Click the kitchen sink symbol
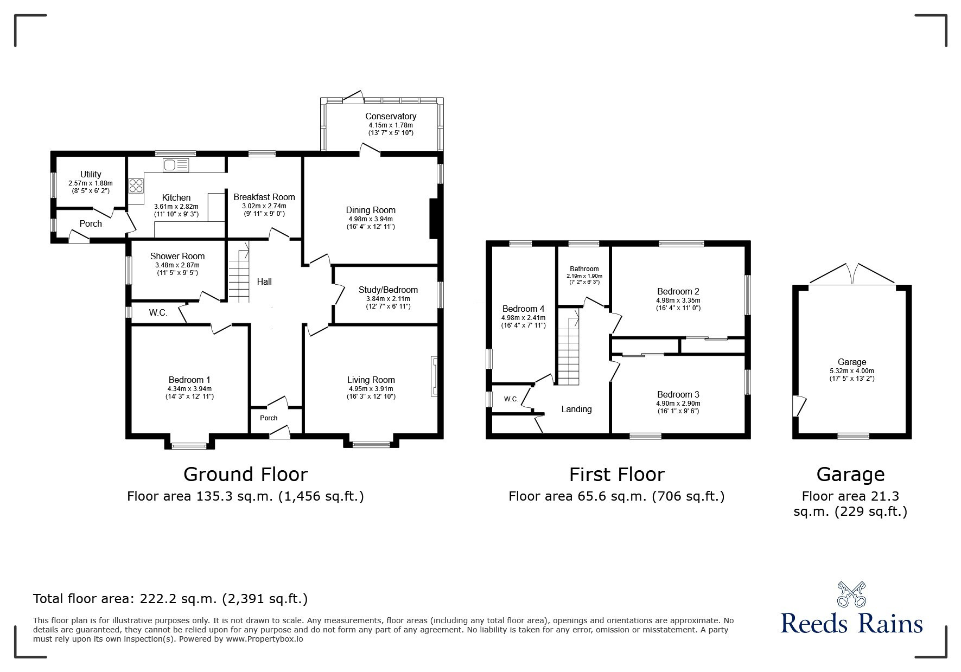[175, 164]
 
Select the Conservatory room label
[391, 116]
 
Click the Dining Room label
[371, 210]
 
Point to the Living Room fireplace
[434, 376]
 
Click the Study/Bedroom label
[388, 290]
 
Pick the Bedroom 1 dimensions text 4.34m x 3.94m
[190, 389]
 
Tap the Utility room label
[91, 174]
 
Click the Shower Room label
[177, 256]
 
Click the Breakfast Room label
[264, 197]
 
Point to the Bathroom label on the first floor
[584, 269]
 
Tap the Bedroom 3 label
[678, 394]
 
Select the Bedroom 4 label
[523, 309]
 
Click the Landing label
[576, 409]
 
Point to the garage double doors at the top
[851, 274]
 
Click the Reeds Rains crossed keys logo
[851, 594]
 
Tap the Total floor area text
[170, 599]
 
